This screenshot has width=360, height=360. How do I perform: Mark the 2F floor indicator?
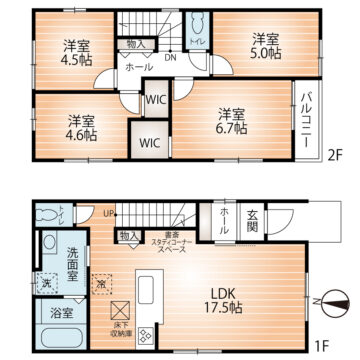pos(335,154)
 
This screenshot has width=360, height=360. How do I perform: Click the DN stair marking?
pos(171,57)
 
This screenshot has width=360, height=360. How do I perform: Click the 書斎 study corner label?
pos(165,238)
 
